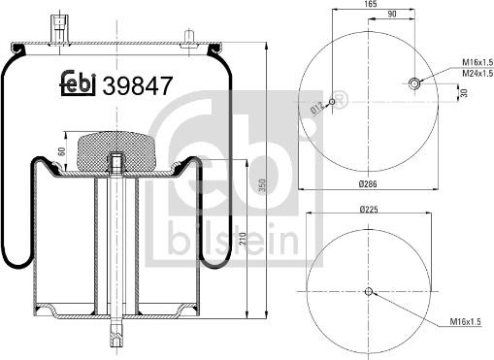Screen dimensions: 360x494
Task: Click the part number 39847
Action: [138, 85]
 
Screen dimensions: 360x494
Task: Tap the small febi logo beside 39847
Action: [79, 85]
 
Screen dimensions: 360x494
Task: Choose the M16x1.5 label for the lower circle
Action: [465, 323]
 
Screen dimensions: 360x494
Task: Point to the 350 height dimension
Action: [263, 184]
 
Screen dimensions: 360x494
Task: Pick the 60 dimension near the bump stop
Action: [60, 151]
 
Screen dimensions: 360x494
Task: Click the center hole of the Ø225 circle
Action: [369, 290]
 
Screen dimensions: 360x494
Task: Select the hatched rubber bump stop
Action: [115, 146]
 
